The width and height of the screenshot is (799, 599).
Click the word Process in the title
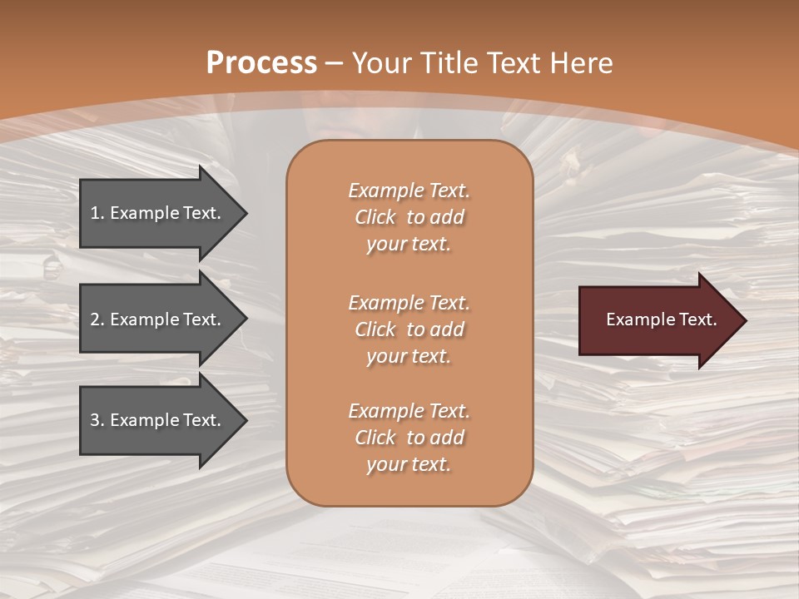tap(261, 63)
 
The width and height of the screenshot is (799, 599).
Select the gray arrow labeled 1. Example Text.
tap(158, 213)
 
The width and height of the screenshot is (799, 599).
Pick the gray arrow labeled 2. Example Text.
tap(158, 319)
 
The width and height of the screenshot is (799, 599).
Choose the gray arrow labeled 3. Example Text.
tap(158, 420)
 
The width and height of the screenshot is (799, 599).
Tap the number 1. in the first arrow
tap(97, 213)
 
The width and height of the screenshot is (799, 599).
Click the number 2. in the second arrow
tap(97, 319)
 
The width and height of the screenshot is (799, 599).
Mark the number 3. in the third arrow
tap(97, 420)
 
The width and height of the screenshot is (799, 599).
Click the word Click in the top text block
tap(375, 217)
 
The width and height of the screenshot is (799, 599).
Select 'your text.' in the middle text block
tap(409, 356)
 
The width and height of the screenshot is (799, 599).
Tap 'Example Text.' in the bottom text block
tap(409, 411)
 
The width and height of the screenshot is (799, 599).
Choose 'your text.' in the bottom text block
tap(409, 464)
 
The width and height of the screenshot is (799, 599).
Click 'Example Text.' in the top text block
tap(409, 191)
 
